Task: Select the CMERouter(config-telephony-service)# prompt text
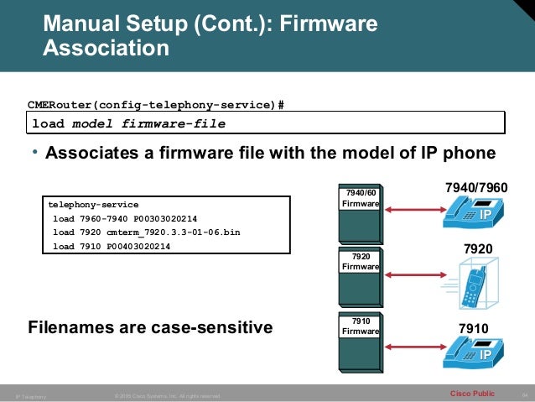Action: click(156, 105)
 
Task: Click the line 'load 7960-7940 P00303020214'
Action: click(124, 217)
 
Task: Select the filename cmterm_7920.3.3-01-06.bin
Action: click(173, 232)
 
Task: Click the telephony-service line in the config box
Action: click(93, 204)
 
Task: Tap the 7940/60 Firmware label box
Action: click(359, 198)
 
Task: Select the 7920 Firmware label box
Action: click(359, 261)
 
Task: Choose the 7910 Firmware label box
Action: click(359, 326)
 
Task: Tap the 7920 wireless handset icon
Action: click(475, 282)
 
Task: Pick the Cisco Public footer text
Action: click(472, 393)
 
